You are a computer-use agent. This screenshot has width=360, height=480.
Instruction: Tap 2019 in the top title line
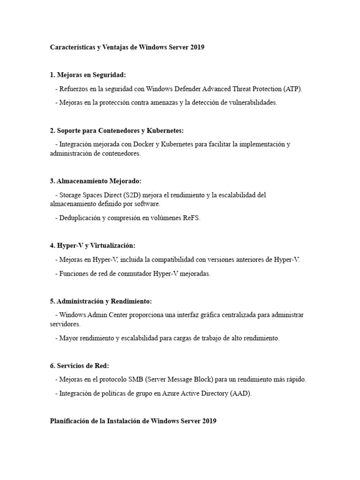point(197,48)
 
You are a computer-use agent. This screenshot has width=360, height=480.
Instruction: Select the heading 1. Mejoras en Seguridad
point(88,75)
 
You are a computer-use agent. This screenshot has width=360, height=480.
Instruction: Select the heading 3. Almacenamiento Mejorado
point(96,180)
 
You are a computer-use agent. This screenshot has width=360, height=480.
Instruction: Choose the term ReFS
point(191,218)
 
